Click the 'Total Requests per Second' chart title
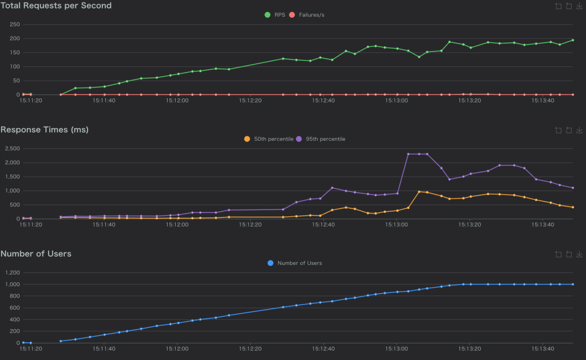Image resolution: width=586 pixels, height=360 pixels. point(56,6)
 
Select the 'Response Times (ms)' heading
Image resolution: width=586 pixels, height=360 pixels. point(44,130)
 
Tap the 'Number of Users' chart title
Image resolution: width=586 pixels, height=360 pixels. point(35,254)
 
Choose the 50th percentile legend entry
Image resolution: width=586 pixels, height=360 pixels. point(268,139)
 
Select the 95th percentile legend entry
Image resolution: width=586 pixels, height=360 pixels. point(320,139)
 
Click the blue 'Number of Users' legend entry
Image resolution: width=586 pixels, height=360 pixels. point(295,263)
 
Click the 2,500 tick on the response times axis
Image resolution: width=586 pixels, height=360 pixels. point(11,149)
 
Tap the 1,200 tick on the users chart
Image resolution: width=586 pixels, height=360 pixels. point(11,272)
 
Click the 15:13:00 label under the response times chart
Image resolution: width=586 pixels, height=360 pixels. point(397,224)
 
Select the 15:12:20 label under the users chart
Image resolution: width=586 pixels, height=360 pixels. point(250,349)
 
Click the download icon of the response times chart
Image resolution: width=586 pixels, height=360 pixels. point(579,130)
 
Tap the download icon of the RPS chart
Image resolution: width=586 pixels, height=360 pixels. point(579,6)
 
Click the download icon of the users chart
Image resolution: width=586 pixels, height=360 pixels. point(579,254)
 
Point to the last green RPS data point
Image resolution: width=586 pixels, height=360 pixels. point(573,40)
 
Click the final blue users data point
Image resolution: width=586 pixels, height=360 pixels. point(573,284)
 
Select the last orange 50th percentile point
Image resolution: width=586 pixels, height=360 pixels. point(573,207)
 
